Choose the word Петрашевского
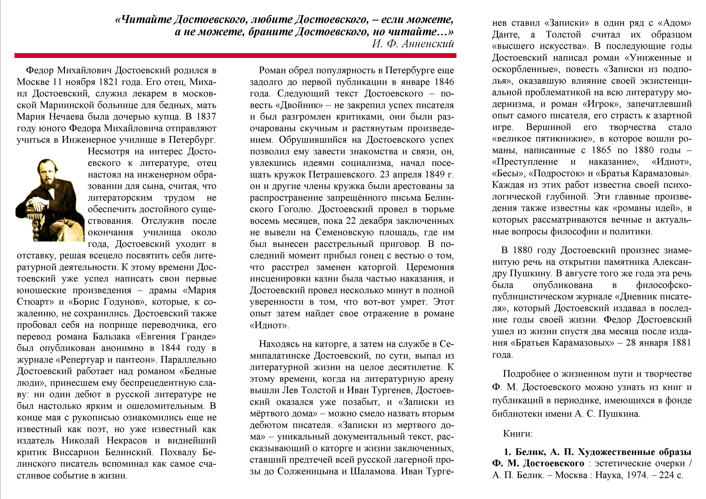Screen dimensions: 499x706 [x=342, y=175]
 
